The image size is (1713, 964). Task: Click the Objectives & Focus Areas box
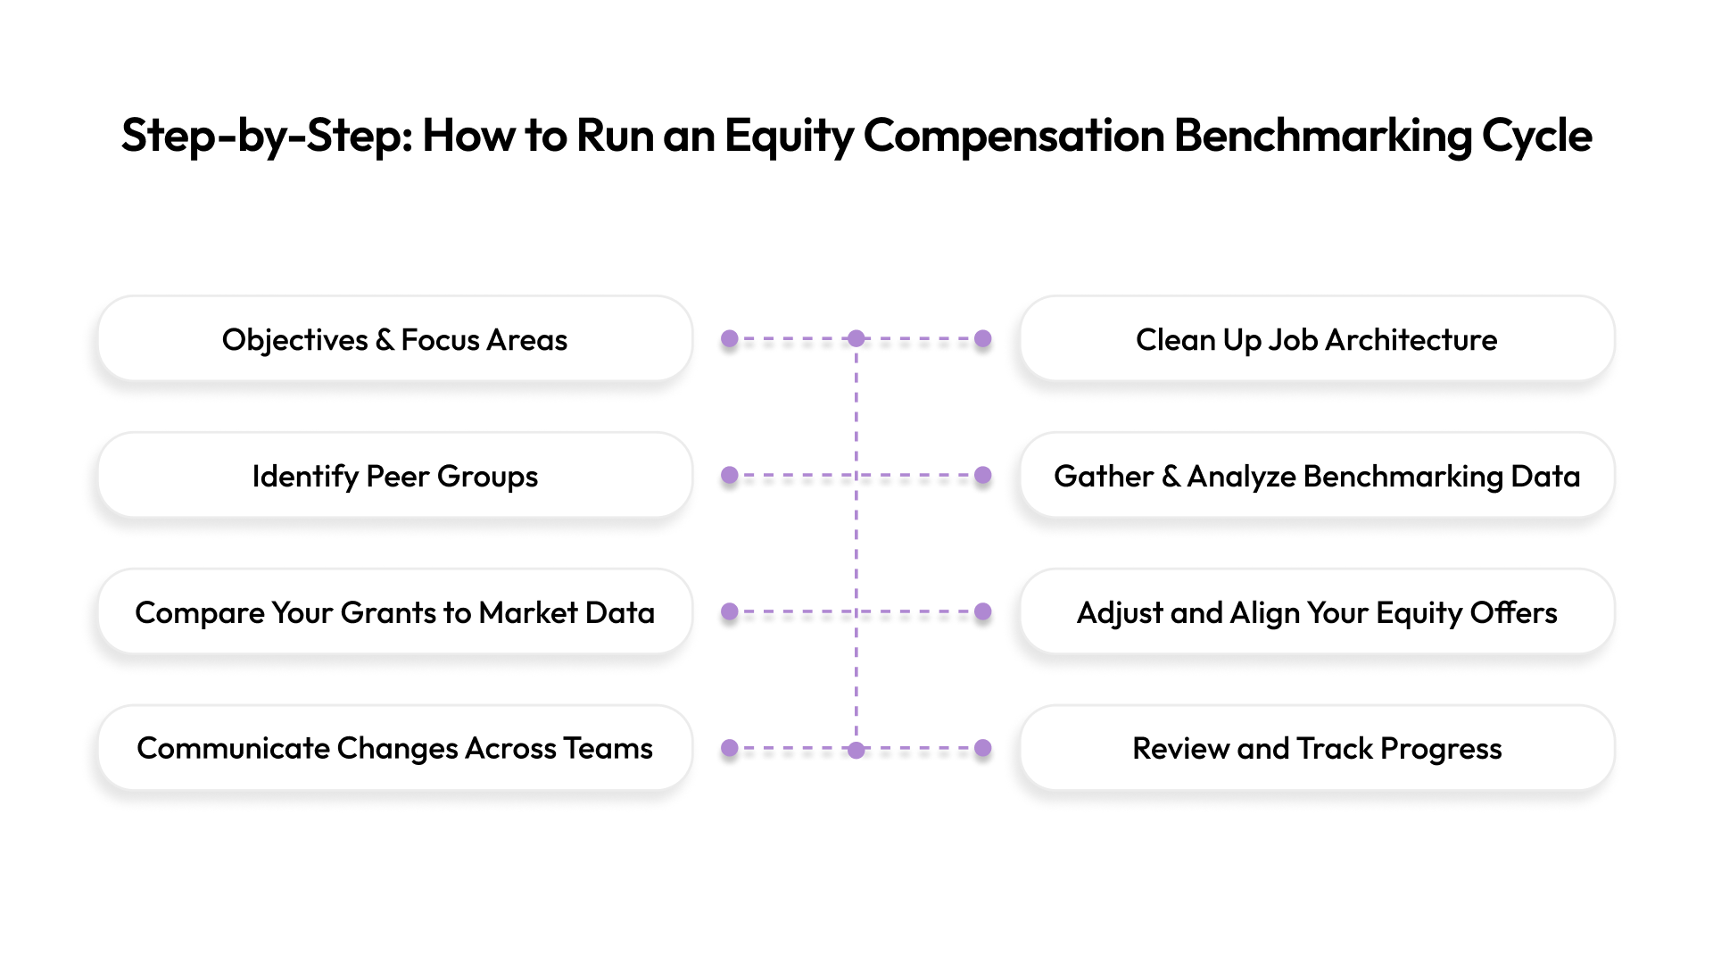click(394, 339)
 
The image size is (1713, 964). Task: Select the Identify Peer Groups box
click(394, 476)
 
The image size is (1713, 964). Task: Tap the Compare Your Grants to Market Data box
click(394, 612)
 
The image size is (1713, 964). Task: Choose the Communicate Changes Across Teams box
click(394, 748)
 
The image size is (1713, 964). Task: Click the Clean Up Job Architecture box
click(1317, 339)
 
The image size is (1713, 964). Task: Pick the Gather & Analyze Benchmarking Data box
click(1317, 476)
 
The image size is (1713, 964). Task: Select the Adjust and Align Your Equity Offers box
click(1317, 612)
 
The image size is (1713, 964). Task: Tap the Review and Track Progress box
click(1317, 748)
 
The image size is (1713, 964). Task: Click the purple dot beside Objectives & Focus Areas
click(730, 339)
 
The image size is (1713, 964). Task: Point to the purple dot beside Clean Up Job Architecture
click(983, 339)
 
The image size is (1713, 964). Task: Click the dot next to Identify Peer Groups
click(730, 476)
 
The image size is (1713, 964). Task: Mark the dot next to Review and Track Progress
click(983, 748)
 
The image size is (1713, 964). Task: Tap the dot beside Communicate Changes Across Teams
click(730, 748)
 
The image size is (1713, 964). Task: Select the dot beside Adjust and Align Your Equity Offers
click(983, 612)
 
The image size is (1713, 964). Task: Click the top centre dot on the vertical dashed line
click(856, 339)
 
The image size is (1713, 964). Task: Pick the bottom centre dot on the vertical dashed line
click(856, 750)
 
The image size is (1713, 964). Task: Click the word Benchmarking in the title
click(1322, 136)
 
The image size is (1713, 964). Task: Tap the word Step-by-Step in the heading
click(266, 136)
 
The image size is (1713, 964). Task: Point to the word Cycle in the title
click(1536, 136)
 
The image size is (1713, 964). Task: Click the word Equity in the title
click(789, 136)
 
